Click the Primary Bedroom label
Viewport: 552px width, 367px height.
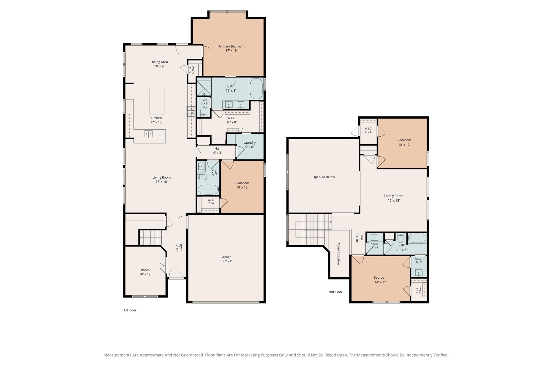[x=231, y=48]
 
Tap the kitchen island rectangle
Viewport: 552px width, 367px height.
[x=157, y=102]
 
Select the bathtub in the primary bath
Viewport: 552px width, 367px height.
[x=256, y=89]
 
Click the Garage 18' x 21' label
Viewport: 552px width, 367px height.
[x=226, y=259]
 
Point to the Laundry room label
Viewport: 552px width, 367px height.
[x=249, y=145]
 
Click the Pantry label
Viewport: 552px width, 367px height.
[x=191, y=70]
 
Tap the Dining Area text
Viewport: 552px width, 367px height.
[x=159, y=64]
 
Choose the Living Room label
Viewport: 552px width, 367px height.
[x=161, y=179]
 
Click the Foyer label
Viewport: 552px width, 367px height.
[x=179, y=246]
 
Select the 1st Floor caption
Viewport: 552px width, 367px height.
[x=130, y=310]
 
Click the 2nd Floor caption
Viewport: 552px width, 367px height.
[x=335, y=292]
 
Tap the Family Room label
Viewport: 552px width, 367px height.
[x=394, y=198]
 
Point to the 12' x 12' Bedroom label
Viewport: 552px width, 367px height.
[x=404, y=142]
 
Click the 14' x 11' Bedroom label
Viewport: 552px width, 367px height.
[x=380, y=280]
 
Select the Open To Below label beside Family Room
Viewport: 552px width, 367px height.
[x=323, y=177]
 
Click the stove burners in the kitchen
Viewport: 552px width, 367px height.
[x=191, y=112]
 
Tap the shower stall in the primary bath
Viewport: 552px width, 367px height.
[x=204, y=88]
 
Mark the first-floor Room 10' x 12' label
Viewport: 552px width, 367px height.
[x=145, y=272]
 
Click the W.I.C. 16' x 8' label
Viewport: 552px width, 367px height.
[x=231, y=120]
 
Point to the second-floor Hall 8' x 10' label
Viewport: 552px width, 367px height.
[x=360, y=238]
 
